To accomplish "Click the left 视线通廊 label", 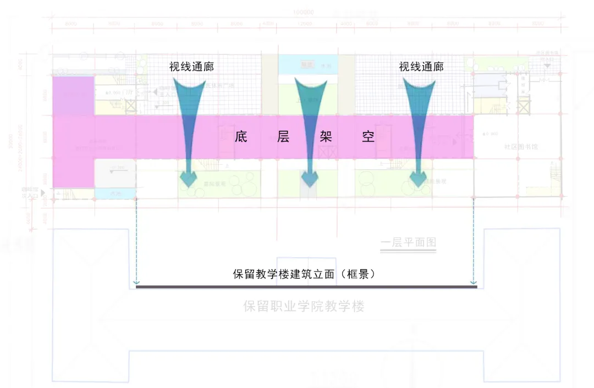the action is pyautogui.click(x=191, y=67).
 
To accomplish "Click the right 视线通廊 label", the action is pyautogui.click(x=421, y=67).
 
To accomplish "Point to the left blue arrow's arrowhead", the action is pyautogui.click(x=190, y=178).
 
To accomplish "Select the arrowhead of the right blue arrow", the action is pyautogui.click(x=420, y=178).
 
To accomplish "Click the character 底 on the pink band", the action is pyautogui.click(x=240, y=137).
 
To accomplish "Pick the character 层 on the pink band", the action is pyautogui.click(x=283, y=137).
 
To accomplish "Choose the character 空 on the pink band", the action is pyautogui.click(x=368, y=137).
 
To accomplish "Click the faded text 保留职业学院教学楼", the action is pyautogui.click(x=304, y=306).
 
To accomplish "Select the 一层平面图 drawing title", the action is pyautogui.click(x=408, y=242).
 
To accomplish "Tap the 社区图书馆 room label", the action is pyautogui.click(x=521, y=147).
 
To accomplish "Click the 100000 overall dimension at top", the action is pyautogui.click(x=303, y=12).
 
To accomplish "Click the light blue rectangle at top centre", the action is pyautogui.click(x=307, y=64).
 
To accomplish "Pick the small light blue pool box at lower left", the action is pyautogui.click(x=115, y=193).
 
